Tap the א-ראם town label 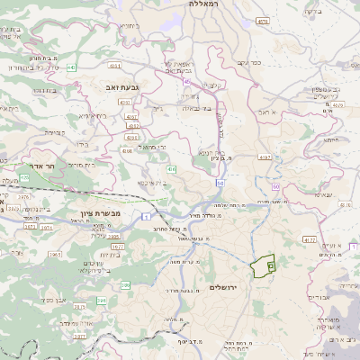click(x=268, y=112)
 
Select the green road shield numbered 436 click(x=171, y=168)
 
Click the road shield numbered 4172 click(x=310, y=240)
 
